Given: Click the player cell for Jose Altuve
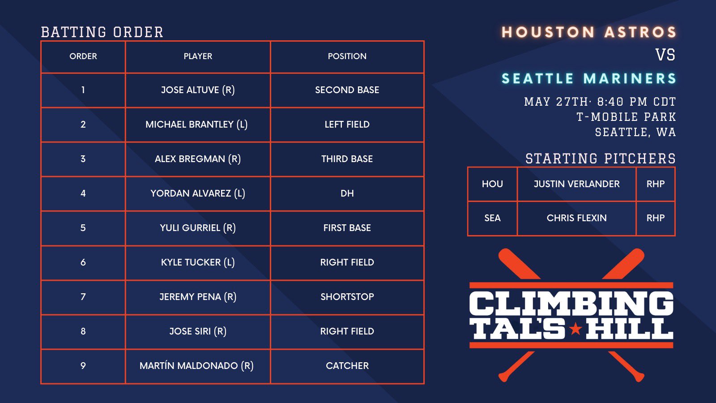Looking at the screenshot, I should tap(198, 90).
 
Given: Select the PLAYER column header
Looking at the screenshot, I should tap(198, 56).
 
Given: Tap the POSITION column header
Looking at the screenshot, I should tap(347, 56).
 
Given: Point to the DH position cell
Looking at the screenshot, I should tap(347, 193).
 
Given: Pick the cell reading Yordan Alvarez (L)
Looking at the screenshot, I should tap(198, 193).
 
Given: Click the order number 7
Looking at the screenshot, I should tap(83, 297).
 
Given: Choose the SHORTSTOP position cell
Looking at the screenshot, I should tap(347, 297).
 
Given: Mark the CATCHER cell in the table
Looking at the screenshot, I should tap(347, 366).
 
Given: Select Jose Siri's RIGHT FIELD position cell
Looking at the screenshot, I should tap(347, 331).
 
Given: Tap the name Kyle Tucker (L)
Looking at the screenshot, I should tap(198, 262).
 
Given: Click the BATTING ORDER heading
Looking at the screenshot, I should tap(102, 32).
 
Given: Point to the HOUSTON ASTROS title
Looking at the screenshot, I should tap(588, 32).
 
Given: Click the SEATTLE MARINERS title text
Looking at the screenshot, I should tap(588, 79).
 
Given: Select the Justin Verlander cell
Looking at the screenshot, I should tap(576, 184).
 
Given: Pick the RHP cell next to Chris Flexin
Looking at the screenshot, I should tap(655, 218).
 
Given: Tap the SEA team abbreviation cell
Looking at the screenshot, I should tap(492, 218).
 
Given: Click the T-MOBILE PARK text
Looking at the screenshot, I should tap(626, 117).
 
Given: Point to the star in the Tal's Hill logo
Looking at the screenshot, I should tap(575, 330).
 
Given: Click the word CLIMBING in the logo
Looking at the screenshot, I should tap(571, 304).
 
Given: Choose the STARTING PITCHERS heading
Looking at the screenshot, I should tap(600, 159).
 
